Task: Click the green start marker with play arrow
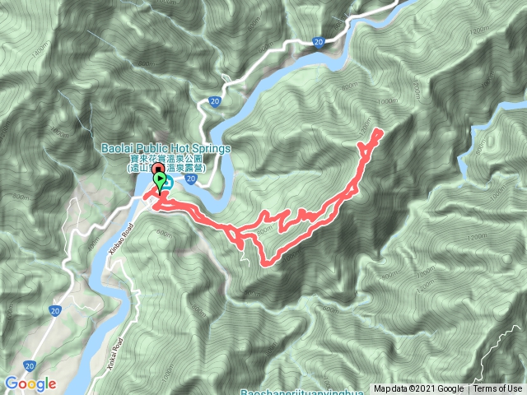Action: [x=159, y=179]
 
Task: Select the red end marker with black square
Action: [x=156, y=170]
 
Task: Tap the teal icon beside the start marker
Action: [x=167, y=183]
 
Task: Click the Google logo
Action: [x=30, y=383]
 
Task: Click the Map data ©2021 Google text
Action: [x=419, y=389]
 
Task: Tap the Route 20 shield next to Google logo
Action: [x=30, y=362]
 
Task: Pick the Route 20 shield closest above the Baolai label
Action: [x=213, y=101]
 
